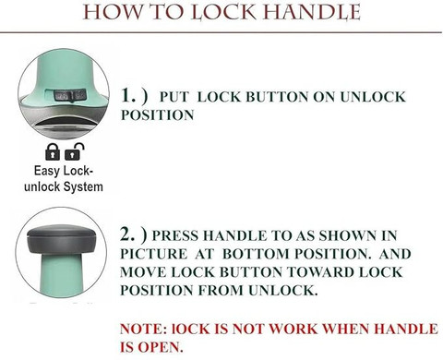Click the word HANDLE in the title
coord(312,13)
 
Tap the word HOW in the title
coord(113,13)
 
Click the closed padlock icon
coord(53,151)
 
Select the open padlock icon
coord(74,151)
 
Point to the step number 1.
coord(128,95)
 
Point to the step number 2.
coord(127,234)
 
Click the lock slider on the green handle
coord(70,95)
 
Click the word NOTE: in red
coord(143,329)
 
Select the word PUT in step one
coord(174,97)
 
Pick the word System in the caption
coord(83,186)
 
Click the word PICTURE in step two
coord(153,254)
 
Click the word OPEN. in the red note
coord(161,347)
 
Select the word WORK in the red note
coord(293,329)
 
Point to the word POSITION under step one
coord(157,115)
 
